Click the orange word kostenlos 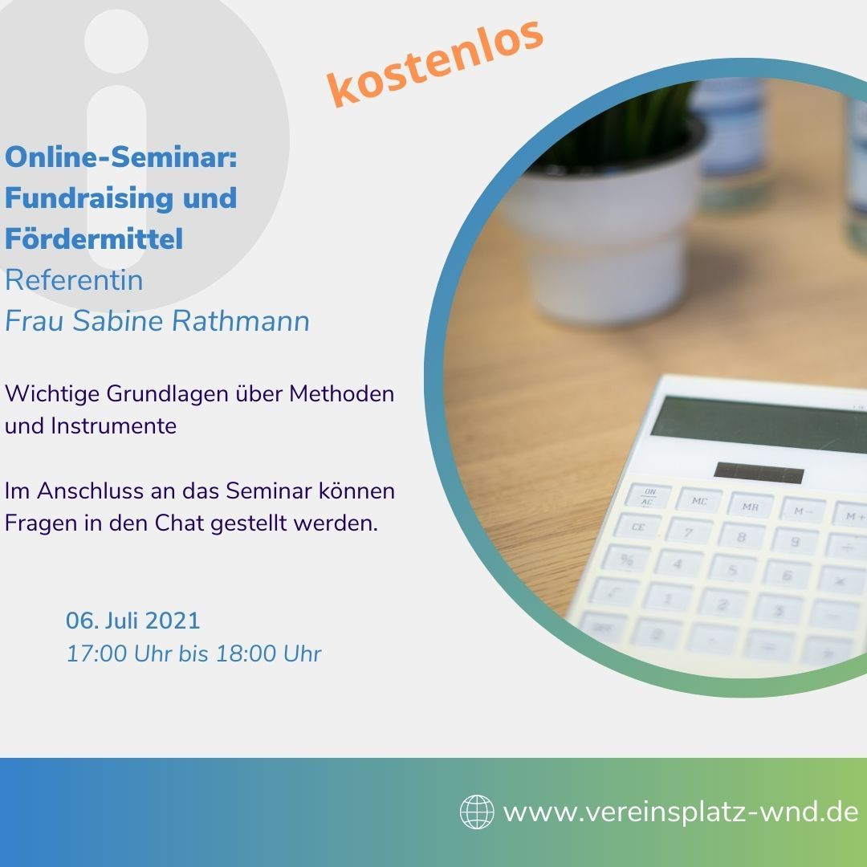[x=435, y=63]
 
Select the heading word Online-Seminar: [x=121, y=157]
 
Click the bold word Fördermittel [x=94, y=239]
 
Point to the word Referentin [x=74, y=280]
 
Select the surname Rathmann [x=241, y=320]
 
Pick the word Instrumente [x=114, y=425]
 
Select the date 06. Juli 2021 [x=132, y=621]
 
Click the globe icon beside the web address [x=477, y=812]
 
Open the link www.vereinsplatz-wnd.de [x=681, y=812]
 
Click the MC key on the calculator [x=699, y=500]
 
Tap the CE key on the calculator [x=638, y=527]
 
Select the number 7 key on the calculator [x=689, y=532]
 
